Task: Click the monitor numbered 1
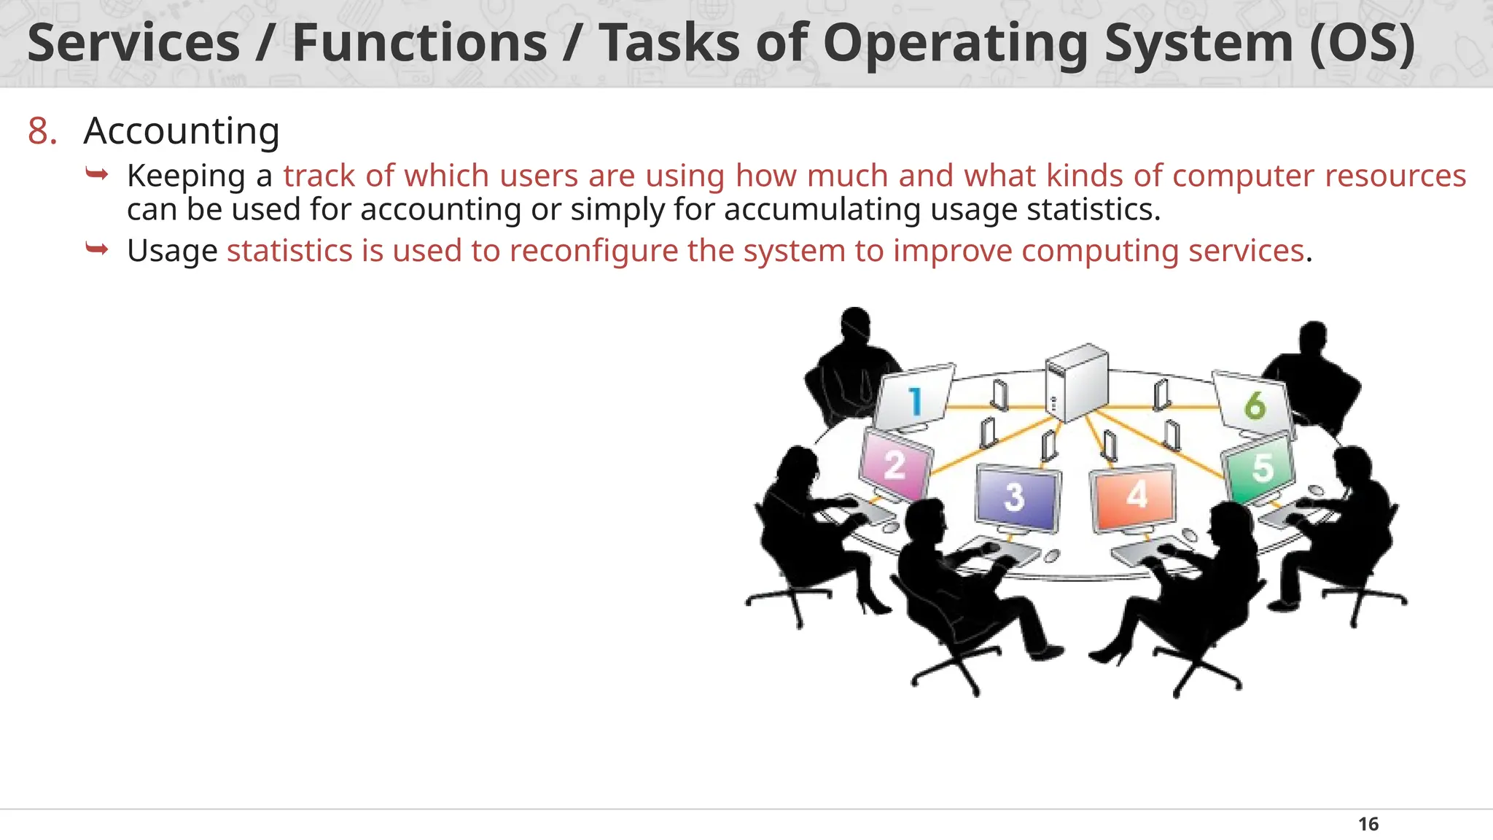pyautogui.click(x=913, y=400)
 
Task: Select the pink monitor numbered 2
pyautogui.click(x=895, y=465)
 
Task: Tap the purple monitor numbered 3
pyautogui.click(x=1016, y=497)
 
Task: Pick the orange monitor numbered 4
pyautogui.click(x=1134, y=497)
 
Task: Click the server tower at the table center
pyautogui.click(x=1077, y=383)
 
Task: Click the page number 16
pyautogui.click(x=1368, y=824)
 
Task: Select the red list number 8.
pyautogui.click(x=42, y=132)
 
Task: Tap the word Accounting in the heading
pyautogui.click(x=182, y=132)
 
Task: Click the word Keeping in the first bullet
pyautogui.click(x=186, y=176)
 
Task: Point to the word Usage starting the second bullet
pyautogui.click(x=172, y=251)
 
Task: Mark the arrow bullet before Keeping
pyautogui.click(x=97, y=174)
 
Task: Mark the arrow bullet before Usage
pyautogui.click(x=97, y=249)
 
